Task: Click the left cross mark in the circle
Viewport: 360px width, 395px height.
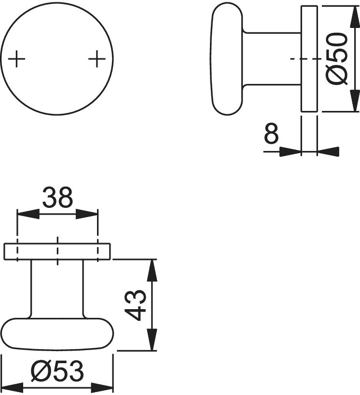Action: [16, 59]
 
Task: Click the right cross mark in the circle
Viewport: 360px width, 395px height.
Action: [97, 59]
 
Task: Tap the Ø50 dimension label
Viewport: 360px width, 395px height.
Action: [337, 58]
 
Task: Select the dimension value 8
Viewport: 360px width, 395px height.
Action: [271, 134]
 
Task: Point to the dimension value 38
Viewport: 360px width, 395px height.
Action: [57, 197]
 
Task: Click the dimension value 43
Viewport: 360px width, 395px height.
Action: [136, 305]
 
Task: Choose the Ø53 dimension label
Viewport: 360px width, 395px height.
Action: [57, 371]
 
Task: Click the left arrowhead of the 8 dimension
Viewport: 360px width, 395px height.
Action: [291, 151]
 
